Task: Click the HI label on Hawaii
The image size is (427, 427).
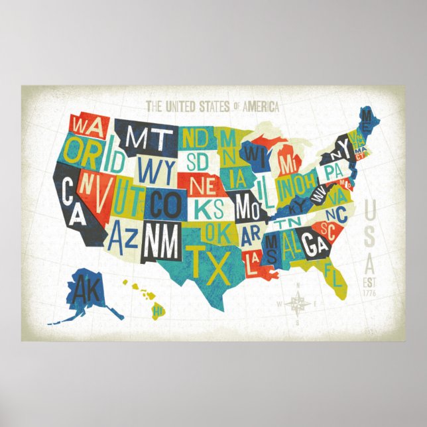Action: coord(158,310)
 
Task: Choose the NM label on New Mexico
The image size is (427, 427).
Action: coord(161,242)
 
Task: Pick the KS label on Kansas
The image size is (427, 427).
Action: coord(210,208)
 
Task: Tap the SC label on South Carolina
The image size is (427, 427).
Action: coord(328,229)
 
